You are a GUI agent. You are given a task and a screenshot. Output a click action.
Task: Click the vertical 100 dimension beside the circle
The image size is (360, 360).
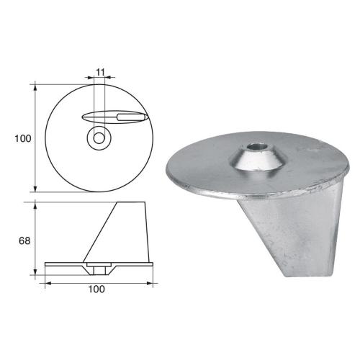point(22,138)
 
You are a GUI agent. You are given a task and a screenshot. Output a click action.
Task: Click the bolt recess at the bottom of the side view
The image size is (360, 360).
point(97,269)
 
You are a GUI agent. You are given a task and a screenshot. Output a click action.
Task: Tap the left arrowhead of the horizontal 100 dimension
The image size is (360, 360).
point(48,282)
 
